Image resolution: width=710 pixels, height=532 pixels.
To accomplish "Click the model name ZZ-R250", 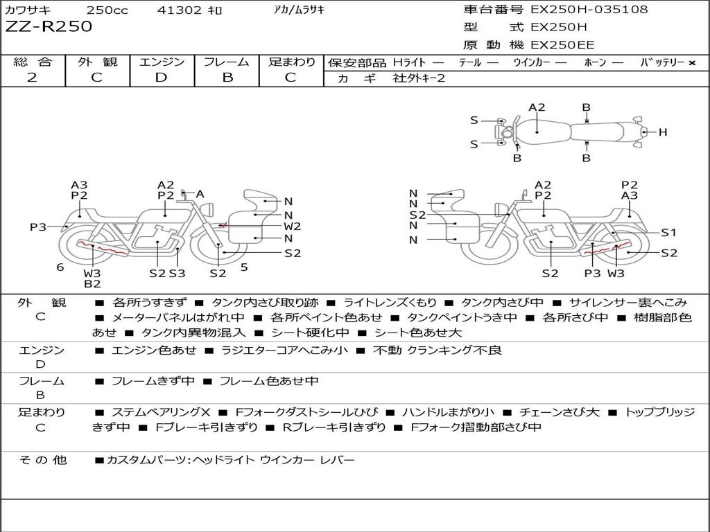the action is [x=49, y=27].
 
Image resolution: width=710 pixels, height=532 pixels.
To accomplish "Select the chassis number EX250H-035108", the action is [x=589, y=10].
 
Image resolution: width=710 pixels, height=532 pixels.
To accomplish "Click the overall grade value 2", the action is [x=32, y=78].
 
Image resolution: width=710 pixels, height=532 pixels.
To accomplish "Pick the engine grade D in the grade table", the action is [x=162, y=78].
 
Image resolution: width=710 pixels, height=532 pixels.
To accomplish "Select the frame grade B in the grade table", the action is [x=227, y=78].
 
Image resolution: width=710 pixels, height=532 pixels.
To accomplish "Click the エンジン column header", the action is [x=162, y=62].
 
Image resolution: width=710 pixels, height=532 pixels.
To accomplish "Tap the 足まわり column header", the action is [x=292, y=62].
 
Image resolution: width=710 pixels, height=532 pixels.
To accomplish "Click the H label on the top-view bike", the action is [x=663, y=132].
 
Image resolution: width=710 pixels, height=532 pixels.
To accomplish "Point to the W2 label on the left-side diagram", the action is [x=293, y=227].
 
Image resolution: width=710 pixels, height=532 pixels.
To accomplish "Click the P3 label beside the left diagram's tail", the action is [x=37, y=227].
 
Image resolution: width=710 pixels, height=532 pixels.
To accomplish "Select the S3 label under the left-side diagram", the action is [x=177, y=273].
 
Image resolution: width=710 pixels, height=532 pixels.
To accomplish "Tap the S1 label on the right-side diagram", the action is [x=668, y=233].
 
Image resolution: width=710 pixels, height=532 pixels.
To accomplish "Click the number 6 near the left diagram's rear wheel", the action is [x=60, y=267].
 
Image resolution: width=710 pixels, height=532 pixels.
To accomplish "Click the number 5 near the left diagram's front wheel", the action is [x=244, y=267].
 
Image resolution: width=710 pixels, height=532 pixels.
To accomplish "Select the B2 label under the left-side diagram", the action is [x=92, y=283].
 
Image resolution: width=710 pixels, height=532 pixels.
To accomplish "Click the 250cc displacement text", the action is [x=103, y=10].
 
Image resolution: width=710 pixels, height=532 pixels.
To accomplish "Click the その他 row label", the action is [x=42, y=460].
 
